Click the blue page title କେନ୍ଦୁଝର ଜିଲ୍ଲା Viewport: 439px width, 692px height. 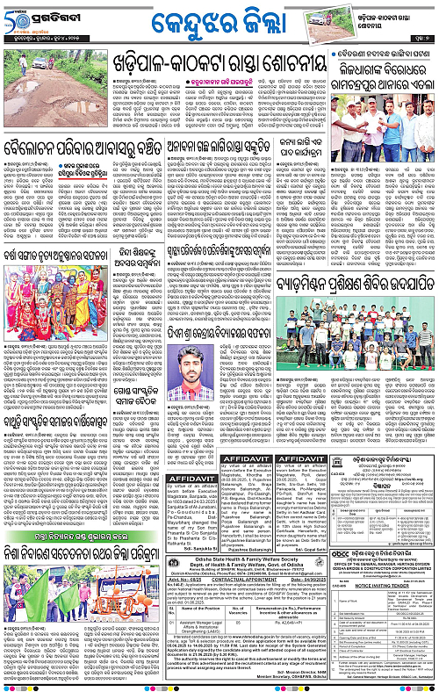(x=219, y=21)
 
